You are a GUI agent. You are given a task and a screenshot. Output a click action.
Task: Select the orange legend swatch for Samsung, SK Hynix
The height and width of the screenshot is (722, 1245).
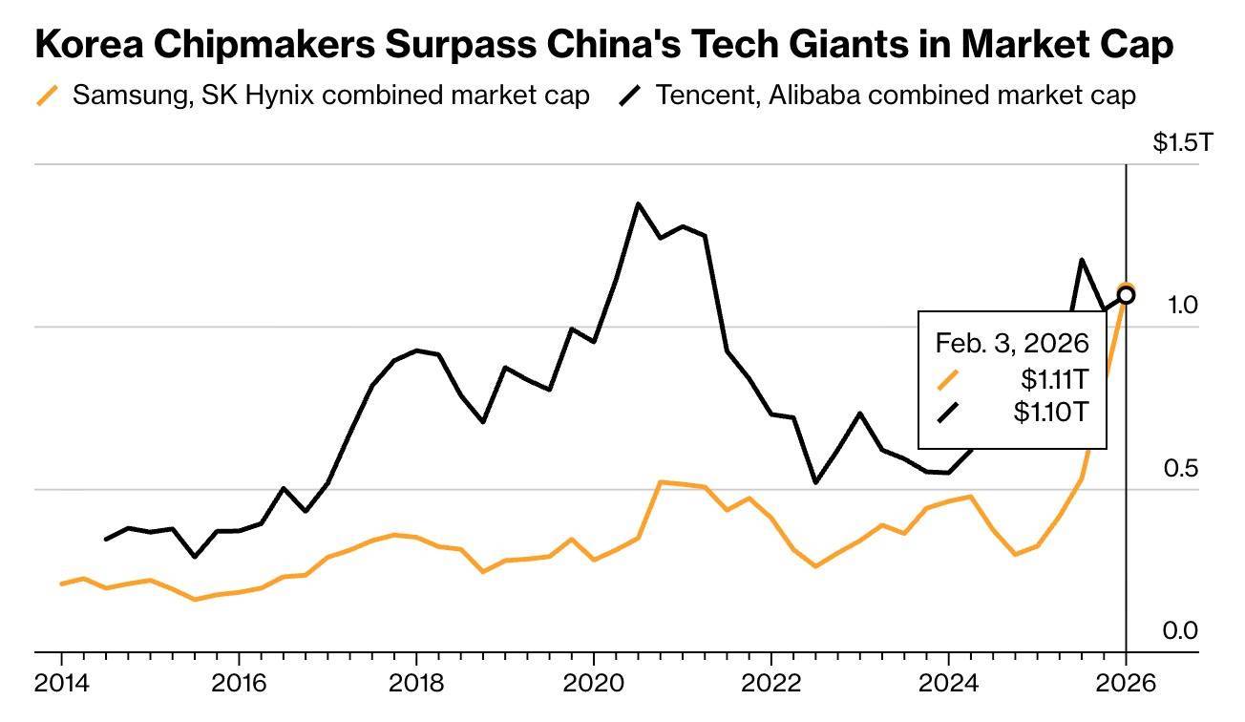point(47,96)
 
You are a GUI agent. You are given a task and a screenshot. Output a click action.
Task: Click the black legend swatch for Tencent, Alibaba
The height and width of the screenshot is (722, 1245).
point(631,96)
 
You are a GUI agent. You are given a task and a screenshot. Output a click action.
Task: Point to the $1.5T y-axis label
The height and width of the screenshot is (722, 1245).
point(1183,143)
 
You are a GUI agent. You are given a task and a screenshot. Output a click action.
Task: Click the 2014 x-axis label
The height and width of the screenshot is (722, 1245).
point(61,684)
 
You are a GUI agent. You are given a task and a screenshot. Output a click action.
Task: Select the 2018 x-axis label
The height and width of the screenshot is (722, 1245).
point(416,684)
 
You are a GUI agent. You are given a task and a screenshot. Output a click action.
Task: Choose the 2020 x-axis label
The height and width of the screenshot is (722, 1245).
point(594,684)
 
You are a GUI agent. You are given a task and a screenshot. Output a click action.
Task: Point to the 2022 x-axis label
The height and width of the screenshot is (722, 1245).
point(770,684)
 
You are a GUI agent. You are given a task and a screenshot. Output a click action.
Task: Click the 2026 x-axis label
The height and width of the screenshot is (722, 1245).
point(1126,684)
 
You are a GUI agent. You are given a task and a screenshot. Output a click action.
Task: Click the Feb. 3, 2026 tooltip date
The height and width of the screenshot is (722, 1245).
point(1012,343)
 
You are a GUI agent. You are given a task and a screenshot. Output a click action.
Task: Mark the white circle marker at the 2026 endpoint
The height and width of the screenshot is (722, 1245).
point(1127,295)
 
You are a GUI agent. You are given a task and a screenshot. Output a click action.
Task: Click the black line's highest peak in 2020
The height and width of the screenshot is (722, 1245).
point(638,203)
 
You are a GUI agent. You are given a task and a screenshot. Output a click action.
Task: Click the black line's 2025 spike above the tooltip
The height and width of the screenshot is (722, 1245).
point(1082,260)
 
